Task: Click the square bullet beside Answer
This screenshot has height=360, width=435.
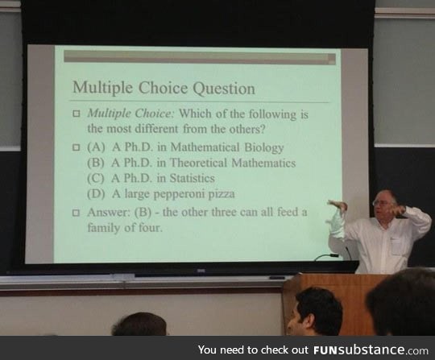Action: pos(77,213)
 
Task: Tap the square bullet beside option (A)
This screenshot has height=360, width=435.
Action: pos(77,148)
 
